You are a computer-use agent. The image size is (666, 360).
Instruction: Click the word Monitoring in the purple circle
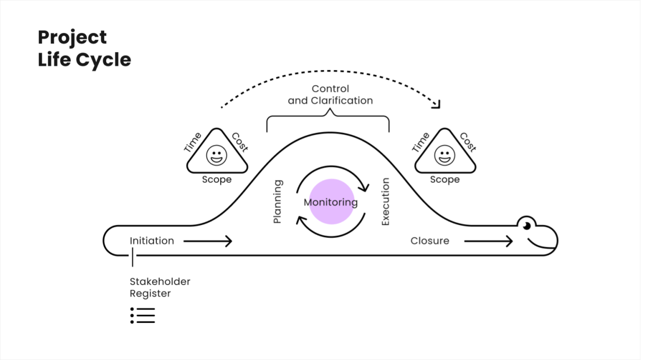click(331, 202)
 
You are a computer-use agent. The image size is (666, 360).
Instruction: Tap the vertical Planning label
click(277, 201)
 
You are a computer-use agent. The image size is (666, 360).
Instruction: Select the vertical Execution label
click(385, 201)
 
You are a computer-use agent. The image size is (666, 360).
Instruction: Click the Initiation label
click(151, 241)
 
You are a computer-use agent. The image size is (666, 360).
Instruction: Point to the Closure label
click(429, 241)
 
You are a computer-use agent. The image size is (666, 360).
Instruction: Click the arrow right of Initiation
click(208, 241)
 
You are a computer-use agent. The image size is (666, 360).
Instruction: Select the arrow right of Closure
click(488, 241)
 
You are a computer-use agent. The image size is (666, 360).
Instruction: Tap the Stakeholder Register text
click(160, 288)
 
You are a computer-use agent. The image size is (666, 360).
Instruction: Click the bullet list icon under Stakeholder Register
click(143, 315)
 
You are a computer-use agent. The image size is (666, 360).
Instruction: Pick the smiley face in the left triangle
click(217, 155)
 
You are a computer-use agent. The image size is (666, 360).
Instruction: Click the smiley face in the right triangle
click(444, 155)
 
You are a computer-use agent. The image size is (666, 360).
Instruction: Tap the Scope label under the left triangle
click(217, 180)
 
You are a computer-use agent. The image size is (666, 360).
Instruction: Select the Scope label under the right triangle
click(444, 180)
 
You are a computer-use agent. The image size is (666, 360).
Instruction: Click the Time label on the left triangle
click(193, 143)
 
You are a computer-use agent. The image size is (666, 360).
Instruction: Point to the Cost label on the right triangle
click(468, 143)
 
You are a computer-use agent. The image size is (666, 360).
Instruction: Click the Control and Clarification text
click(330, 95)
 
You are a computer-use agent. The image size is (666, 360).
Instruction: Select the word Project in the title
click(72, 37)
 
